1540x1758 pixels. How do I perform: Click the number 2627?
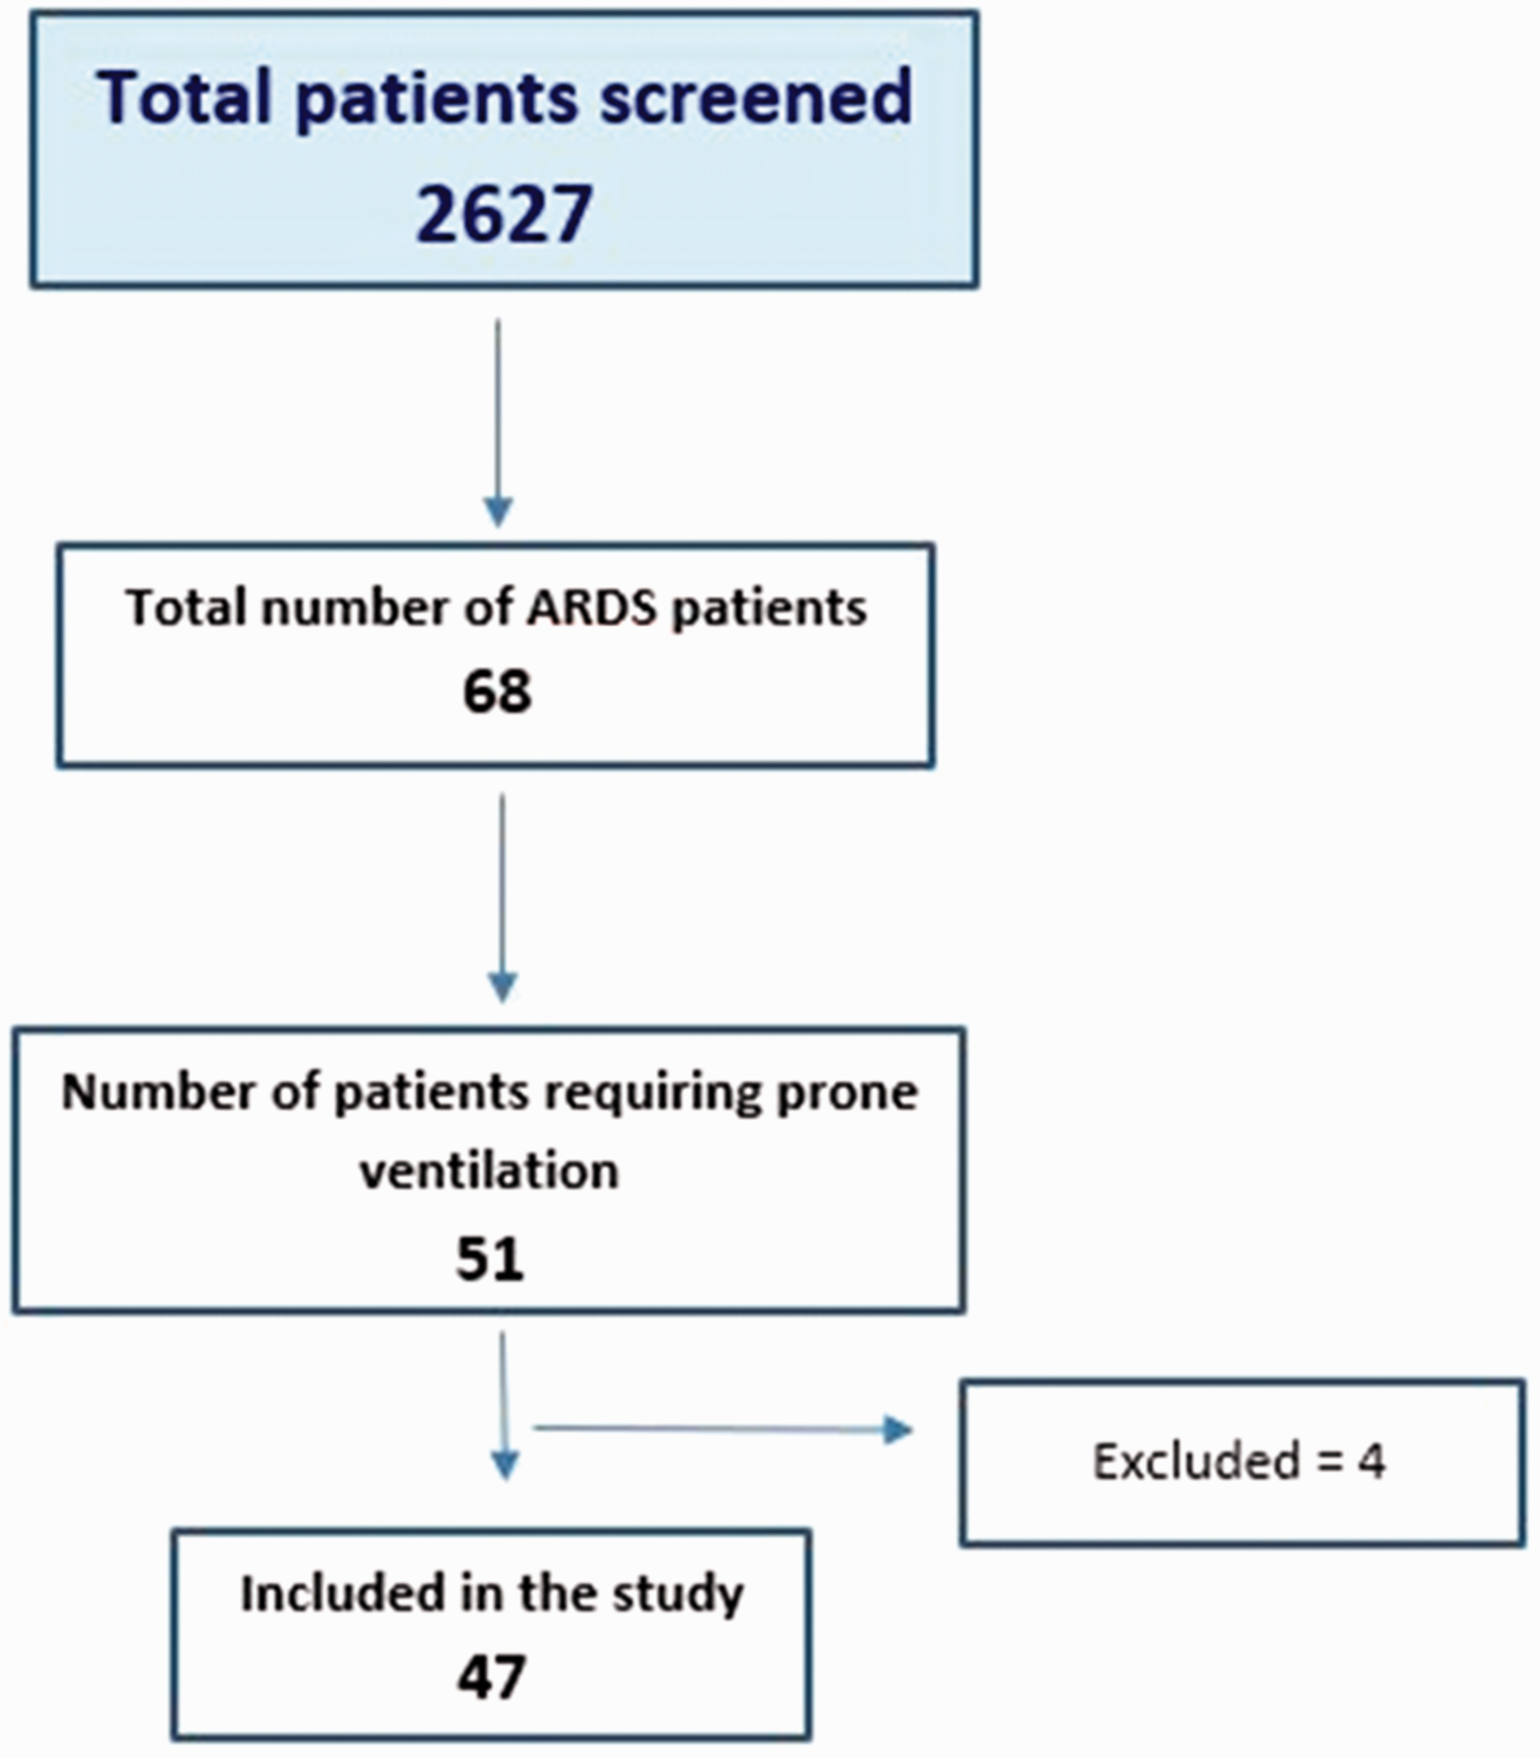(x=504, y=214)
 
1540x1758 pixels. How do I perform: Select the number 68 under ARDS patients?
(x=496, y=693)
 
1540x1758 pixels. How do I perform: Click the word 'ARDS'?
(x=592, y=607)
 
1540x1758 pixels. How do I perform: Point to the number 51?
(x=490, y=1258)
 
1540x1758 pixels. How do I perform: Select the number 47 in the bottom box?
(x=491, y=1676)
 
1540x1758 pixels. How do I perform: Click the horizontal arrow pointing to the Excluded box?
(x=722, y=1429)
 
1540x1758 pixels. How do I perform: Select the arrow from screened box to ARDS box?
(x=498, y=422)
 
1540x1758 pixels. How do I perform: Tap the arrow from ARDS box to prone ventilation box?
(x=502, y=898)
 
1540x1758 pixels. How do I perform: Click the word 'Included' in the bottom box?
(x=344, y=1593)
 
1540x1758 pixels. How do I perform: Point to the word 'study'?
(x=678, y=1596)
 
